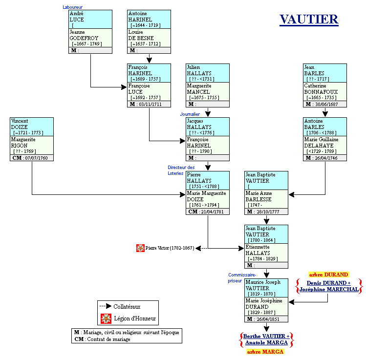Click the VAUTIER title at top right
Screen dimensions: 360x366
pyautogui.click(x=309, y=20)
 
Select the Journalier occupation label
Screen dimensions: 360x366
pyautogui.click(x=190, y=114)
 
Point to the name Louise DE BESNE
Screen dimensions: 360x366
pyautogui.click(x=141, y=35)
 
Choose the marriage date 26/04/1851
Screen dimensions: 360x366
pyautogui.click(x=269, y=319)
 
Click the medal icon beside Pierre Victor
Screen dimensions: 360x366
pyautogui.click(x=140, y=248)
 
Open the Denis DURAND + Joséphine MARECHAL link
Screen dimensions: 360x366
pyautogui.click(x=328, y=286)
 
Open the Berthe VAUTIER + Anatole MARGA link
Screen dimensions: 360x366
pyautogui.click(x=267, y=339)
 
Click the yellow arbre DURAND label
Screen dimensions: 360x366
pyautogui.click(x=328, y=275)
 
